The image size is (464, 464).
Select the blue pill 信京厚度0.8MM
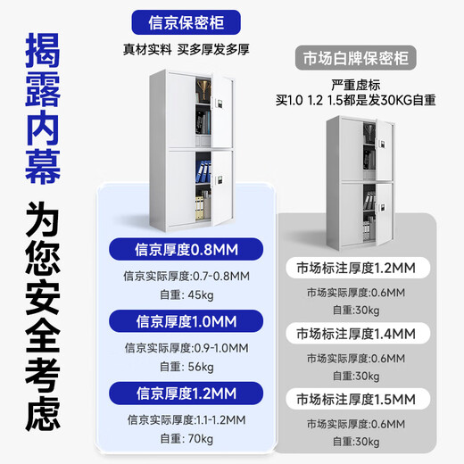[186, 248]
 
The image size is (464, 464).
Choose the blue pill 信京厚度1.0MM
[186, 320]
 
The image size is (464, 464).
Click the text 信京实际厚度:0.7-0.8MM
[186, 276]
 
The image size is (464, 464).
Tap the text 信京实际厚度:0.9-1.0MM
[186, 348]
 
